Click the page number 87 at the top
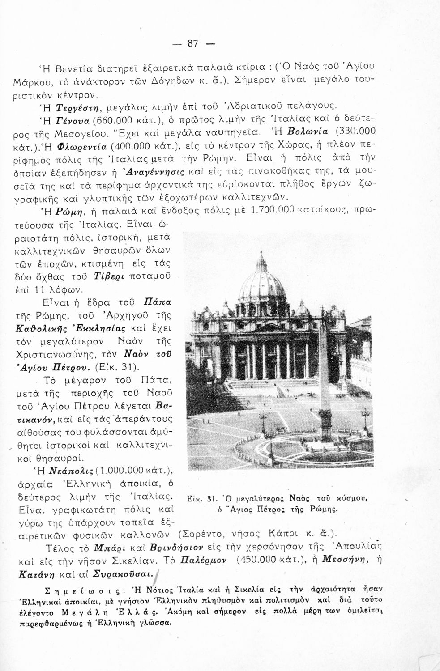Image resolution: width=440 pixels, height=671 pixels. [x=192, y=43]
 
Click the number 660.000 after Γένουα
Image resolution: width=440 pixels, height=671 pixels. [x=113, y=119]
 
